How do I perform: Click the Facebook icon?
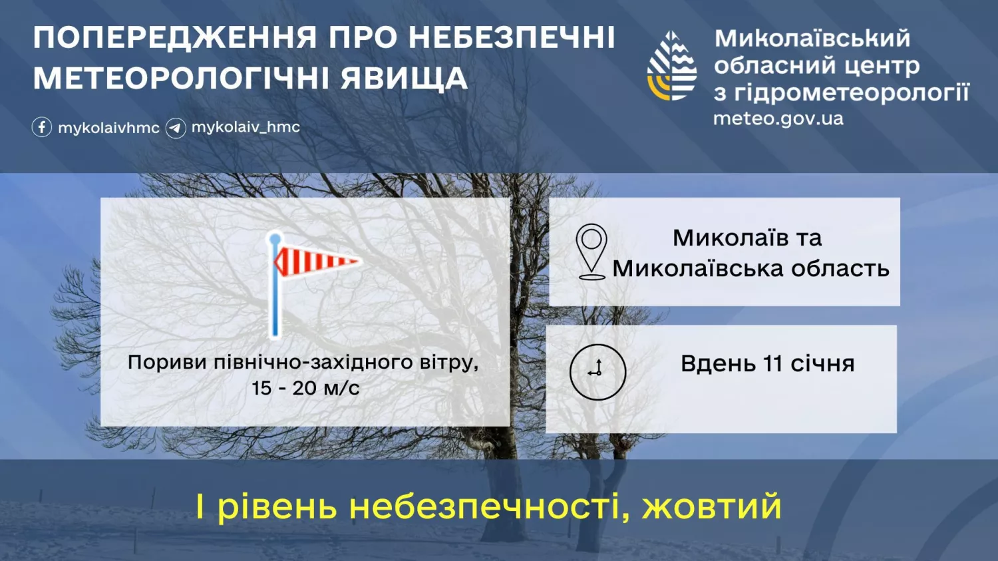coord(42,127)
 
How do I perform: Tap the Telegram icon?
coord(176,127)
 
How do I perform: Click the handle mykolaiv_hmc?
coord(246,126)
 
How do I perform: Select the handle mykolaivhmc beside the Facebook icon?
coord(108,128)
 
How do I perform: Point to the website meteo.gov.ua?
coord(778,118)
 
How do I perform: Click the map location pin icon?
coord(591,252)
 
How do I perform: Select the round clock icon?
coord(597,371)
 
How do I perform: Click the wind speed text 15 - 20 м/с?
coord(305,388)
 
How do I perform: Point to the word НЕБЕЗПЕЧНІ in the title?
coord(512,38)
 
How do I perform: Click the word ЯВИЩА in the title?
coord(405,79)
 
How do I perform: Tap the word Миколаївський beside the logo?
coord(812,38)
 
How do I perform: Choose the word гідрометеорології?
coord(852,93)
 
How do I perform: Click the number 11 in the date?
coord(772,364)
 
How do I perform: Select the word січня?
coord(822,364)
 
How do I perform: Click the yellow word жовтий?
coord(711,506)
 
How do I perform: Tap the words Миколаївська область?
coord(750,268)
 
